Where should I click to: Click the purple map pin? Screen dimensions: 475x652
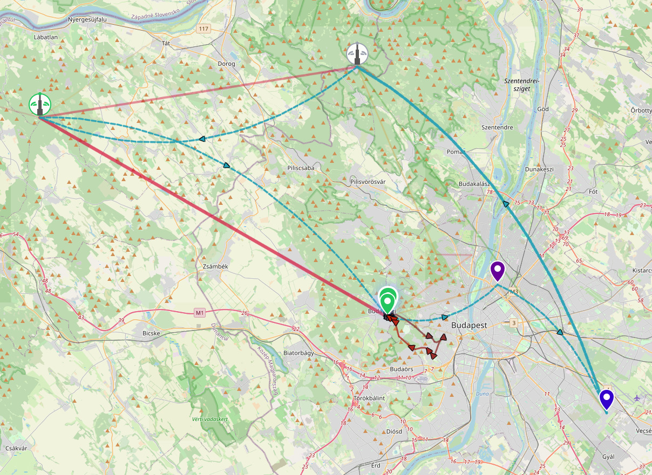click(x=497, y=270)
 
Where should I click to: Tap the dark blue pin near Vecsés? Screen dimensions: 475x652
click(x=607, y=400)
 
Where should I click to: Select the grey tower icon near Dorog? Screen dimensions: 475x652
click(x=357, y=54)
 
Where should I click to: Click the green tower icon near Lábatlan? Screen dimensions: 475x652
click(x=40, y=104)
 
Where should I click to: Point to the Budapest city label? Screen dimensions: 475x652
click(x=469, y=325)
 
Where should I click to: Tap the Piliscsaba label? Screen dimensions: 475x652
click(x=301, y=168)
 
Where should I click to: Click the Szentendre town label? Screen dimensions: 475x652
click(x=497, y=128)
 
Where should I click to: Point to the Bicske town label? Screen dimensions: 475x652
click(x=151, y=333)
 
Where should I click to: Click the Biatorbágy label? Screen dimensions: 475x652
click(x=298, y=353)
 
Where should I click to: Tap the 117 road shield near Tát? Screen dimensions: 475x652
click(x=203, y=29)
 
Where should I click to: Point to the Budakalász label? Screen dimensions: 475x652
click(x=473, y=184)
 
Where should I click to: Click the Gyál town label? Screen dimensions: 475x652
click(x=608, y=457)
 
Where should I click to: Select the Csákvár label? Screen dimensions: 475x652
click(x=16, y=448)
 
